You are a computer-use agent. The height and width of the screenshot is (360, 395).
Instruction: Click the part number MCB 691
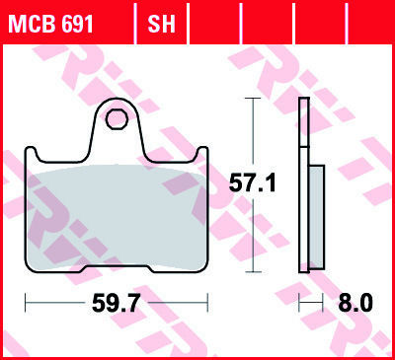point(51,24)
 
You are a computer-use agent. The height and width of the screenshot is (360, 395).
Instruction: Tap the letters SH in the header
point(161,24)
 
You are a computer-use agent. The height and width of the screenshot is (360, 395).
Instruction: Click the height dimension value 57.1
point(253,183)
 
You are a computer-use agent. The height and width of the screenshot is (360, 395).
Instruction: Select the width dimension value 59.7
point(117,303)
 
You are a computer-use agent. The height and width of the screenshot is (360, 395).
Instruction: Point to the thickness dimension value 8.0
point(355,303)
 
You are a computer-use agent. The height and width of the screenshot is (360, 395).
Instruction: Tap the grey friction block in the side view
point(316,218)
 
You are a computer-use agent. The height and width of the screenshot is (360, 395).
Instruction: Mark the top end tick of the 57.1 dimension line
point(253,99)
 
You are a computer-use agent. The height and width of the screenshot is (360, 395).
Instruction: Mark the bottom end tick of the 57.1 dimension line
point(253,272)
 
